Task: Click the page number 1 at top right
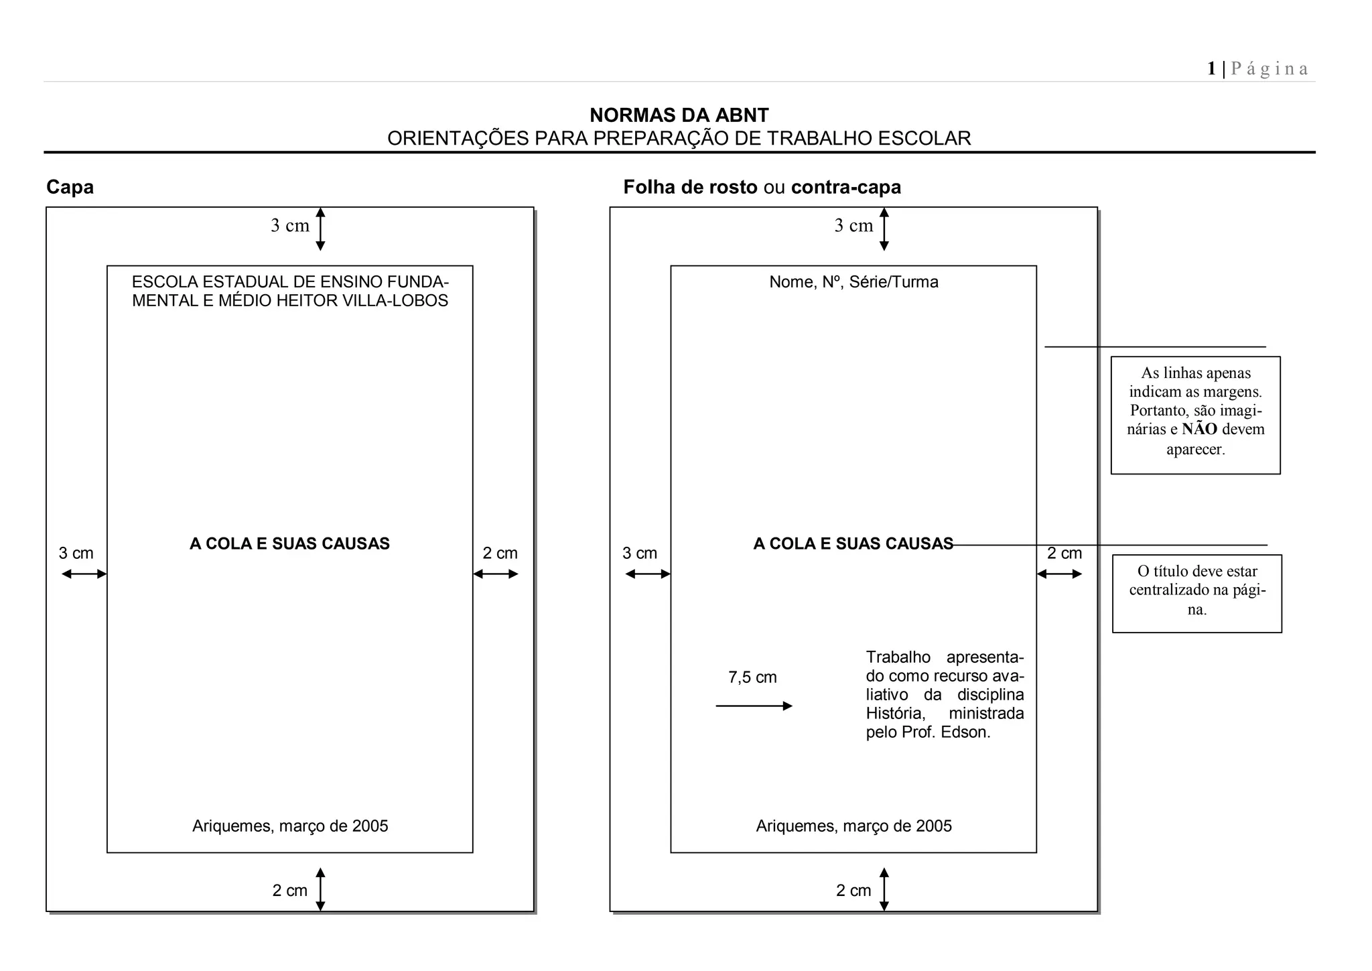1211,68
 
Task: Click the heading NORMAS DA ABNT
679,115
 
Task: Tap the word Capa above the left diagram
70,187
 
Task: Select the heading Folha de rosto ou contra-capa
762,187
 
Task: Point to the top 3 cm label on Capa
289,226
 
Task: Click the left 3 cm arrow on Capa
84,574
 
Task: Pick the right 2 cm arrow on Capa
496,574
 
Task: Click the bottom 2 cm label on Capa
289,891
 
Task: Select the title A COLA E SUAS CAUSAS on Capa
289,543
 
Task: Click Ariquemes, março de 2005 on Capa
290,826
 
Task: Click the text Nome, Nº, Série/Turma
853,282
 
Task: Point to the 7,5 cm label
752,677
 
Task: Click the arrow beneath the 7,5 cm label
754,706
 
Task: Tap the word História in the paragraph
895,713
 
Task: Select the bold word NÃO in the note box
1199,430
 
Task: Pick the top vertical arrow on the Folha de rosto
884,229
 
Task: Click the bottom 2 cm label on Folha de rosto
853,891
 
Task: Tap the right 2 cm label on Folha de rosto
1065,554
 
